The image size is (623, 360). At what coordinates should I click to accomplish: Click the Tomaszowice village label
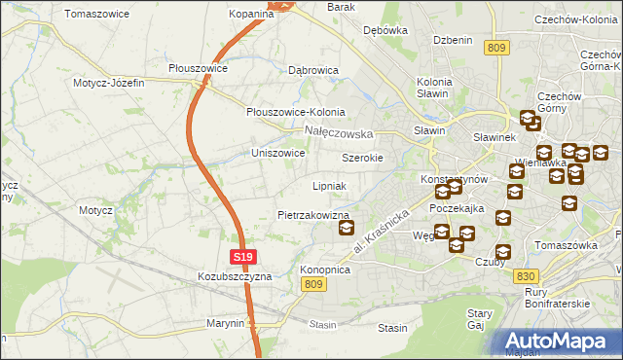97,14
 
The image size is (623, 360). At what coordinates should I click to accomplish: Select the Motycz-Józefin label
109,83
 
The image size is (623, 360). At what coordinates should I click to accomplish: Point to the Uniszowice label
278,153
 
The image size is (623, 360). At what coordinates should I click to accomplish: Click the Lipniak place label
329,185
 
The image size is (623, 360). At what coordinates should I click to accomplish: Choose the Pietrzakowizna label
313,214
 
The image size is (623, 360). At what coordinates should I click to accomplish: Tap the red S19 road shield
244,257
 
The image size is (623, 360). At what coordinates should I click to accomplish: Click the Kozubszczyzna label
238,276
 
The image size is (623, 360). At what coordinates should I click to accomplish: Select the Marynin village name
225,322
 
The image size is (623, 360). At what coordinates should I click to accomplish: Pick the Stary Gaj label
479,320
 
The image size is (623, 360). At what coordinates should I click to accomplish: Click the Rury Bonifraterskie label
557,297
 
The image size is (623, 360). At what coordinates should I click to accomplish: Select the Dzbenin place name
453,40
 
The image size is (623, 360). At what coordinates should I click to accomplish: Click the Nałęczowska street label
339,132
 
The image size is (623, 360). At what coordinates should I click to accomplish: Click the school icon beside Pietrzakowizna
346,229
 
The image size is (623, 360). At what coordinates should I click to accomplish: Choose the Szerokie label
362,158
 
